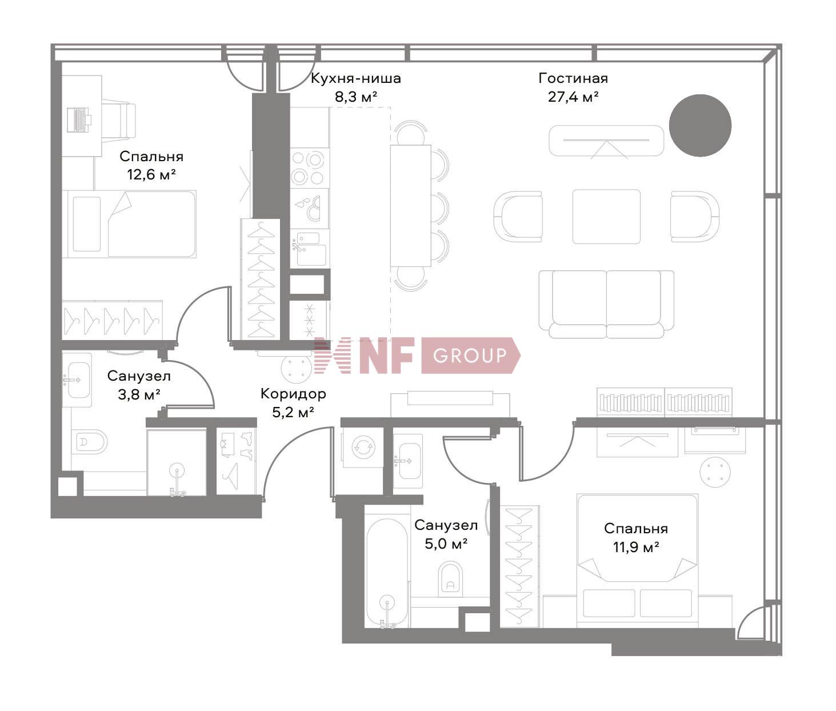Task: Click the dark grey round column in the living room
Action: pos(700,125)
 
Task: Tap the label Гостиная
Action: pos(573,78)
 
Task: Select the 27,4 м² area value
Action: pos(573,97)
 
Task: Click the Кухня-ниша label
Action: pos(355,78)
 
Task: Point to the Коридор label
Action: pos(293,393)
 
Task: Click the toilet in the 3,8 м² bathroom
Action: pos(91,441)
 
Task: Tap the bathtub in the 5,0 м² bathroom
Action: pos(387,572)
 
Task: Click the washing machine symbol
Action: pos(363,446)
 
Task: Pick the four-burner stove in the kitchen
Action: pos(309,167)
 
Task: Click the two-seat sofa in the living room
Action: pos(606,303)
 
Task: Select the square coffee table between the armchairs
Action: pos(606,216)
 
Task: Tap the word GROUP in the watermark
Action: pos(470,355)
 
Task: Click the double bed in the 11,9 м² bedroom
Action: pos(637,557)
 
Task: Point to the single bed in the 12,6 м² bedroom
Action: pos(131,224)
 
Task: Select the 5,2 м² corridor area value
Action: pos(293,412)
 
